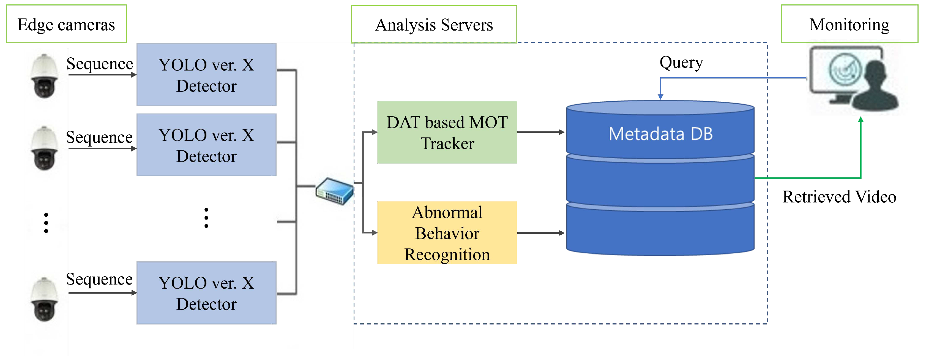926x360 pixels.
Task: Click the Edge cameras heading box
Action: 66,24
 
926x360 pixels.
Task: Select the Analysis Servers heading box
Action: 434,24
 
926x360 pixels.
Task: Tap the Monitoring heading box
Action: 849,24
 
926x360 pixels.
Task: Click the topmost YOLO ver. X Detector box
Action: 206,75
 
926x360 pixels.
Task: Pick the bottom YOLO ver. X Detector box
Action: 206,293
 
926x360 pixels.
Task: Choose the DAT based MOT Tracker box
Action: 447,132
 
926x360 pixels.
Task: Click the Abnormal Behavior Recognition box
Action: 447,233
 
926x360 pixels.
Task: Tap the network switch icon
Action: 335,191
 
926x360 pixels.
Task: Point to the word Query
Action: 681,63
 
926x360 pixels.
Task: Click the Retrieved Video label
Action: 839,197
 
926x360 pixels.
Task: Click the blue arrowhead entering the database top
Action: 660,96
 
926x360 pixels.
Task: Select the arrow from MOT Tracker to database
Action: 541,132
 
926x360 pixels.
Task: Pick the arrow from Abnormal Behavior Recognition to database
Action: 541,233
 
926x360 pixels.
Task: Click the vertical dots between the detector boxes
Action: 206,218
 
